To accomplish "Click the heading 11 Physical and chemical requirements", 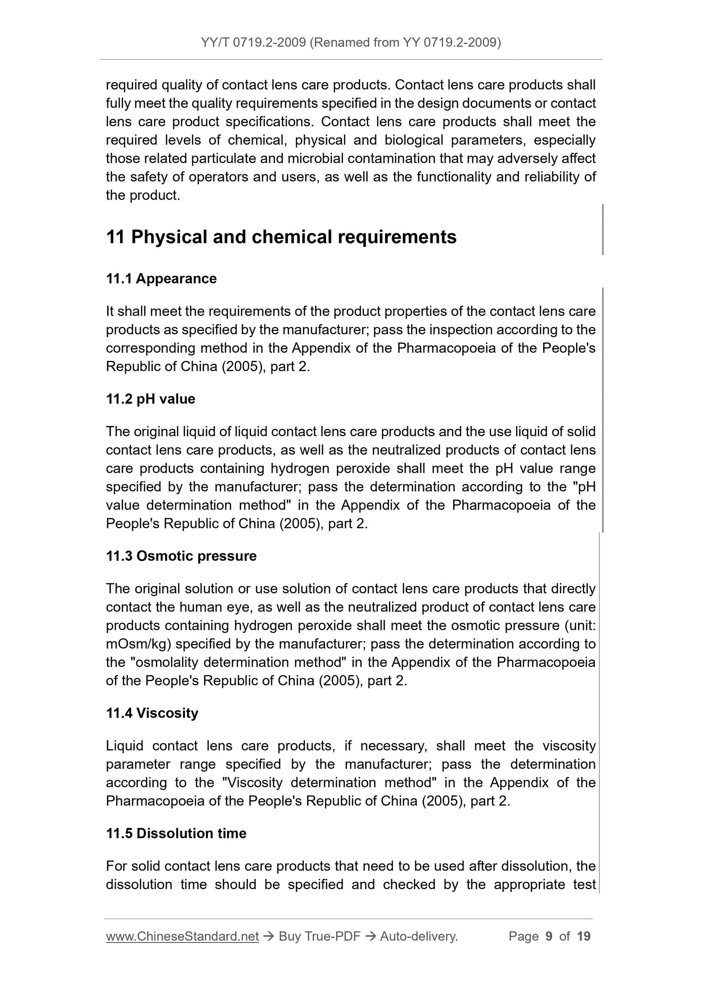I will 281,237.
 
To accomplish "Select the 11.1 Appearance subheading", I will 161,279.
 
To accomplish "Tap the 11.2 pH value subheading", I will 151,399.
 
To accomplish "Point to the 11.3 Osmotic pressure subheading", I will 181,556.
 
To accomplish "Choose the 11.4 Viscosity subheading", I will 152,714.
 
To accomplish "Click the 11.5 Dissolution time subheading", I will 176,834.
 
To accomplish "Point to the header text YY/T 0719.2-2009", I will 253,43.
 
